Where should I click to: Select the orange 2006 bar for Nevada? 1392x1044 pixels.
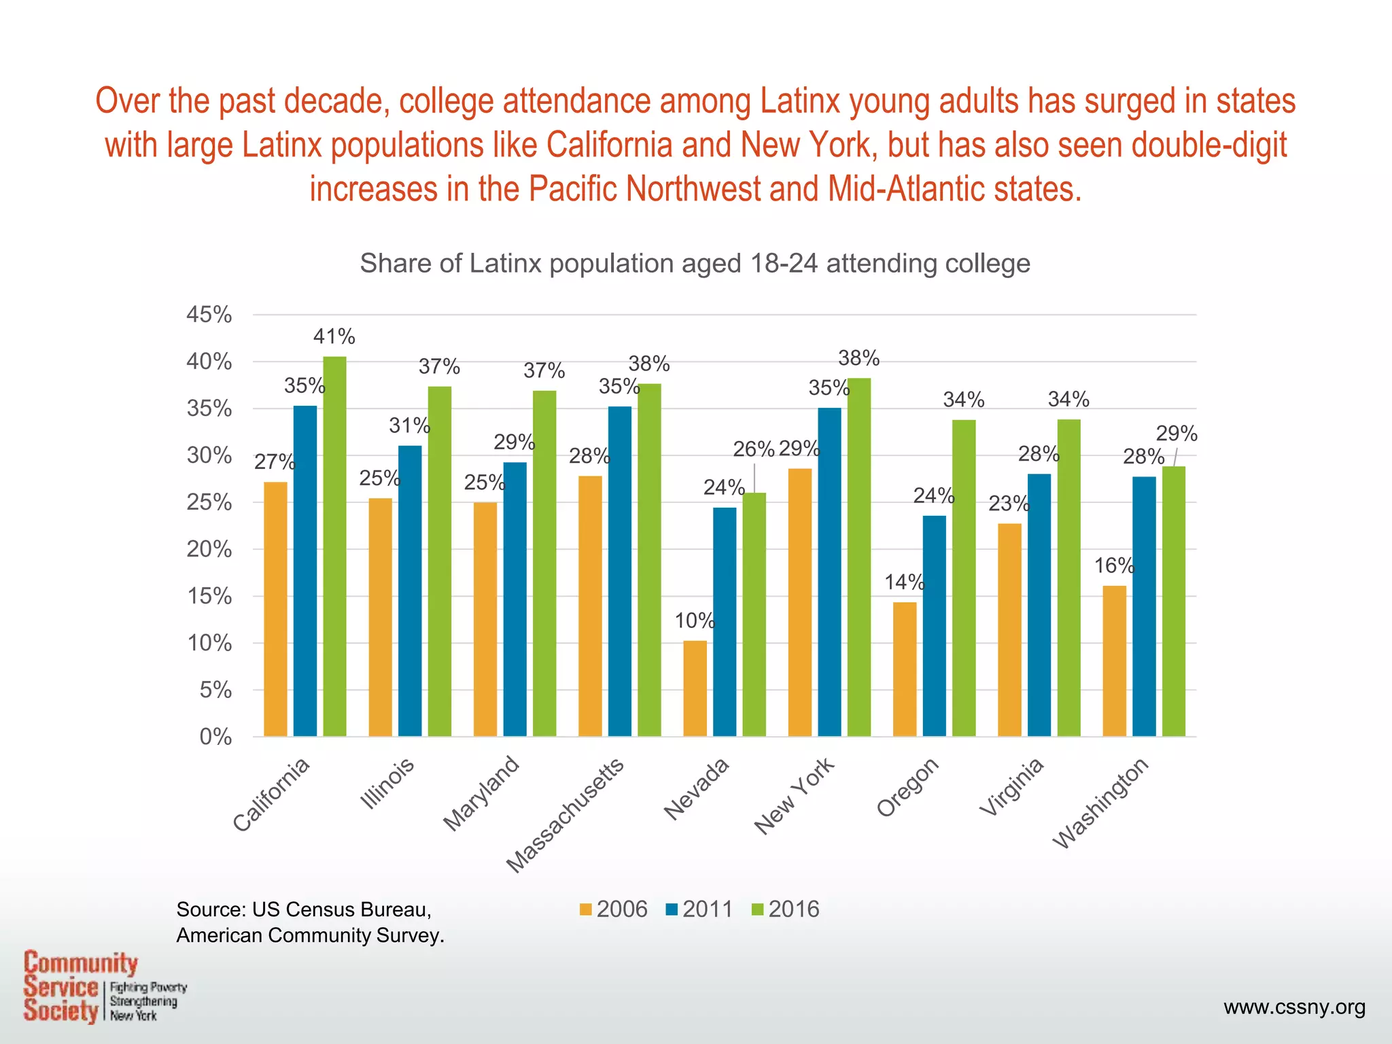click(695, 688)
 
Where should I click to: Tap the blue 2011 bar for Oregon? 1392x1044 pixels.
click(934, 625)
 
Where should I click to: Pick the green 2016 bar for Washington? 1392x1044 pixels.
click(1174, 601)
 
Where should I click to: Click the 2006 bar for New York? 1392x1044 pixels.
click(800, 602)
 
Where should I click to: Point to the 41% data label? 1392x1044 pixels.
click(334, 336)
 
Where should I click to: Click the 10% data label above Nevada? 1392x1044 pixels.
click(694, 621)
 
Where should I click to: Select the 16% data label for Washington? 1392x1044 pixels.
click(1113, 565)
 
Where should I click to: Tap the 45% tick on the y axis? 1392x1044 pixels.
click(209, 315)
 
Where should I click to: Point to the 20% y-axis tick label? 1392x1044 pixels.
click(209, 549)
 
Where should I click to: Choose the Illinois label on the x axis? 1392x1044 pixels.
click(387, 784)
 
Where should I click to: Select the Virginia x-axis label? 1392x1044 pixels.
click(1011, 787)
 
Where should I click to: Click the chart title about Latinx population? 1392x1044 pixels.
click(695, 264)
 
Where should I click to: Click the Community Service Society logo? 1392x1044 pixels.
click(102, 987)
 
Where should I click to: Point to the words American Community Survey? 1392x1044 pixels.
click(310, 936)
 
